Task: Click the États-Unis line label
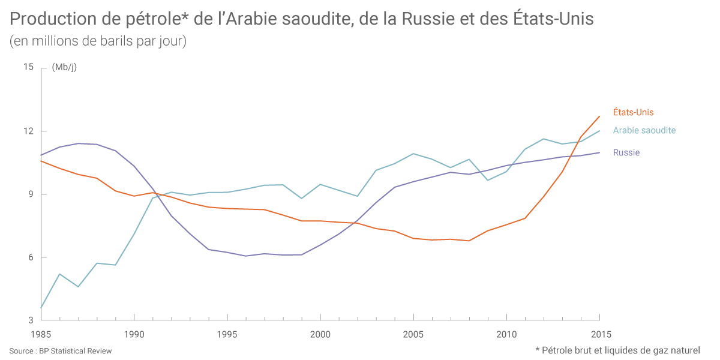click(633, 112)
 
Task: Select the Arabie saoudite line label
click(644, 130)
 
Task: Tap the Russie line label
click(626, 152)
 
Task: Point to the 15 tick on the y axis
click(28, 67)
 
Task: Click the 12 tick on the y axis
click(28, 131)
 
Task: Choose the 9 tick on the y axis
click(31, 194)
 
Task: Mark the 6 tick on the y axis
click(31, 257)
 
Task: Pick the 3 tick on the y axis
click(31, 320)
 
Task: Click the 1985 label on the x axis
click(41, 334)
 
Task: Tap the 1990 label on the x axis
click(134, 334)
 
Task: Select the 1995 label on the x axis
click(227, 334)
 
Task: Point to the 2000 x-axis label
click(320, 334)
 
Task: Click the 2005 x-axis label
click(413, 334)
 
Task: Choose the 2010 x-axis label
click(506, 334)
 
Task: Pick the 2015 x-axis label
click(599, 334)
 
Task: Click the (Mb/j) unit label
click(64, 67)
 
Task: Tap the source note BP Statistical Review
click(61, 350)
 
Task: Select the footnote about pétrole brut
click(617, 350)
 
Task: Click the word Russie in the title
click(428, 20)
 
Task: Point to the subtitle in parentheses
click(98, 41)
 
